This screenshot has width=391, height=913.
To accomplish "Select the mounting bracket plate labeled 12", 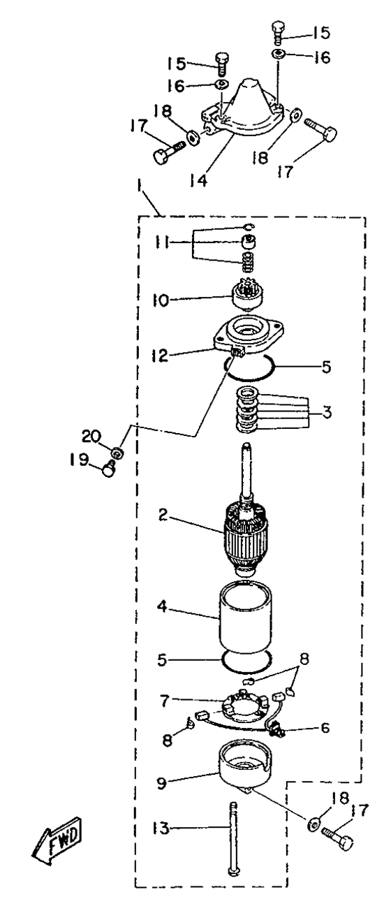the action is point(248,339).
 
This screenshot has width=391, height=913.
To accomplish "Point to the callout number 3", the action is point(327,412).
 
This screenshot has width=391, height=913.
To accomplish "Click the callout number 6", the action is point(325,728).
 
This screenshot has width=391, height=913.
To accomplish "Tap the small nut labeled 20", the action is point(119,453).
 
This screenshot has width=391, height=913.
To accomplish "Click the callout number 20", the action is point(91,437).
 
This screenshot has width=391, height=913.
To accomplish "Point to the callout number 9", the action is point(162,783).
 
